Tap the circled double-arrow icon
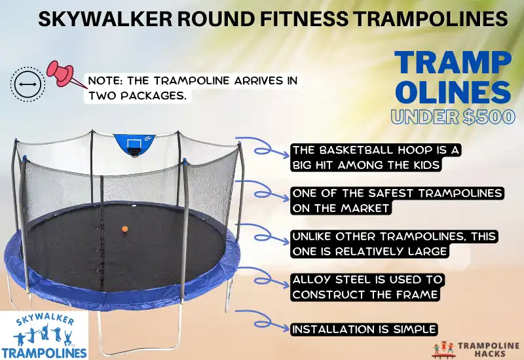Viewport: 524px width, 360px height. [27, 84]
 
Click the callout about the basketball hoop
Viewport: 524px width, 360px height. [377, 157]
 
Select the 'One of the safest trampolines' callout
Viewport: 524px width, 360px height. [397, 200]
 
